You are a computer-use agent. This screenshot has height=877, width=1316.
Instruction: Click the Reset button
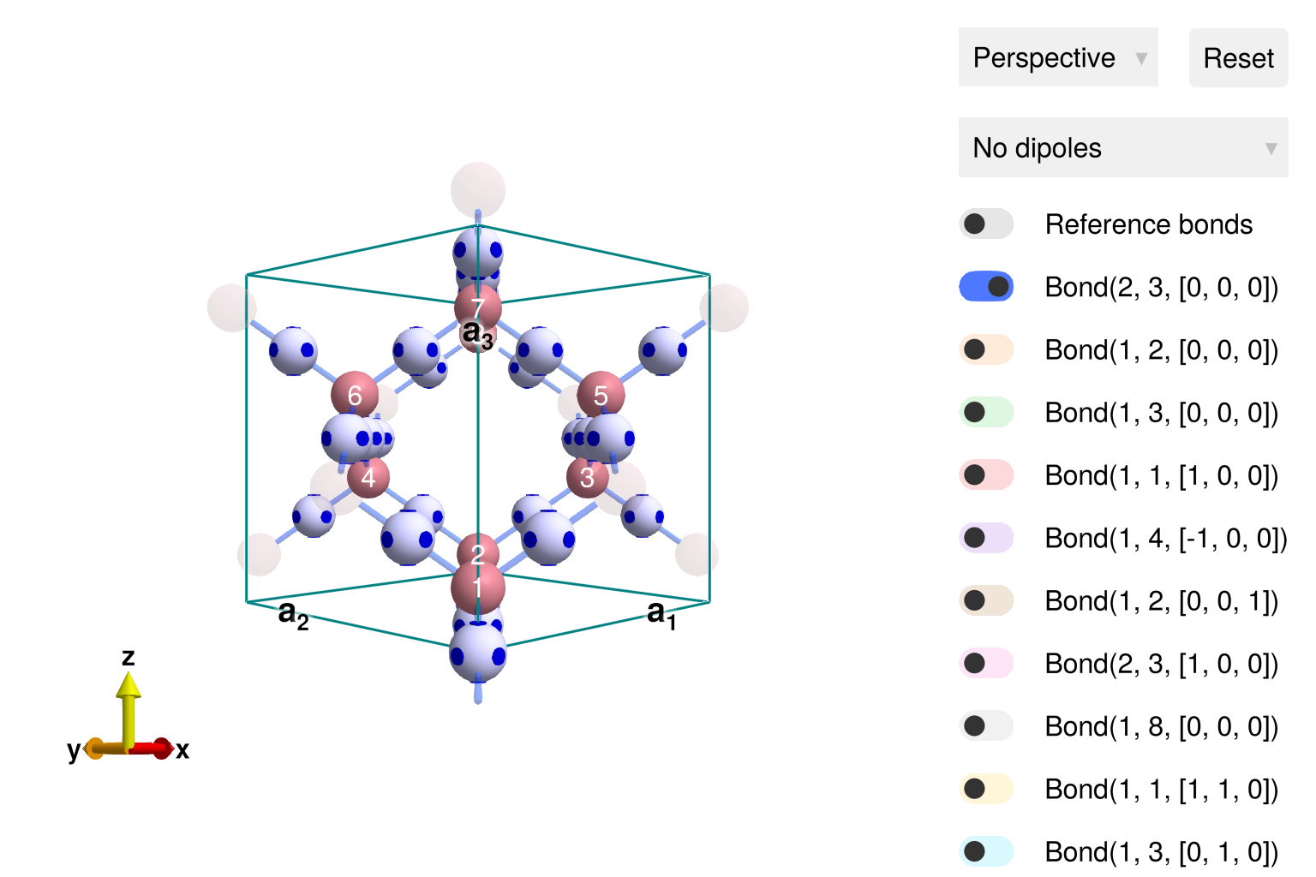pyautogui.click(x=1238, y=58)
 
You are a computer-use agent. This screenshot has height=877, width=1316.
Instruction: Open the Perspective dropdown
pyautogui.click(x=1058, y=57)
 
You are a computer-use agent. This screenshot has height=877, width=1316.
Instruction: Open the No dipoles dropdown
pyautogui.click(x=1122, y=148)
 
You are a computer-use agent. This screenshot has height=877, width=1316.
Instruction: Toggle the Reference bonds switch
pyautogui.click(x=986, y=224)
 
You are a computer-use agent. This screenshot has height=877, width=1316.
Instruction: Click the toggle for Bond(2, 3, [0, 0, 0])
pyautogui.click(x=986, y=287)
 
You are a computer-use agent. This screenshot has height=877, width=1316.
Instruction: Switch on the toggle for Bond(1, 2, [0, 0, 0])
pyautogui.click(x=986, y=349)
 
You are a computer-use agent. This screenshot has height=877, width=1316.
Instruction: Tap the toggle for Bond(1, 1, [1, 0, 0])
pyautogui.click(x=986, y=474)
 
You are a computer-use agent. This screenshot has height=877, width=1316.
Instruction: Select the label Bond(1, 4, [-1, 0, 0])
pyautogui.click(x=1165, y=538)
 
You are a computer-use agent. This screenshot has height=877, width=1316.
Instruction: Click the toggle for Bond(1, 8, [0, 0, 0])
pyautogui.click(x=986, y=726)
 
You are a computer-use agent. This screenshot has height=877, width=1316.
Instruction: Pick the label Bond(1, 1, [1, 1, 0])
pyautogui.click(x=1161, y=789)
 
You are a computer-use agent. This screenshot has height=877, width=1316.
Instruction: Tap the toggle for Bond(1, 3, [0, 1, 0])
pyautogui.click(x=986, y=851)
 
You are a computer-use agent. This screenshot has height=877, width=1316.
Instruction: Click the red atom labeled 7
pyautogui.click(x=478, y=307)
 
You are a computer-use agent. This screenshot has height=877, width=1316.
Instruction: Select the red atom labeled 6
pyautogui.click(x=355, y=395)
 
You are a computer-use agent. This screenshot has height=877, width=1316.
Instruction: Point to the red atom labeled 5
pyautogui.click(x=601, y=395)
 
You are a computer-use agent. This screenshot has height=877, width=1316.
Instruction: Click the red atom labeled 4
pyautogui.click(x=368, y=477)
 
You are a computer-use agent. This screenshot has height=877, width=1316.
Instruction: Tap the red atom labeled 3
pyautogui.click(x=587, y=477)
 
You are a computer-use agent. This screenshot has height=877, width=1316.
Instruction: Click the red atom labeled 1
pyautogui.click(x=478, y=589)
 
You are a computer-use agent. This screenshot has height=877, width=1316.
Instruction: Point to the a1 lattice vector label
pyautogui.click(x=661, y=613)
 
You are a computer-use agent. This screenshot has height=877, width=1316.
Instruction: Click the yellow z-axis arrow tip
pyautogui.click(x=129, y=683)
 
